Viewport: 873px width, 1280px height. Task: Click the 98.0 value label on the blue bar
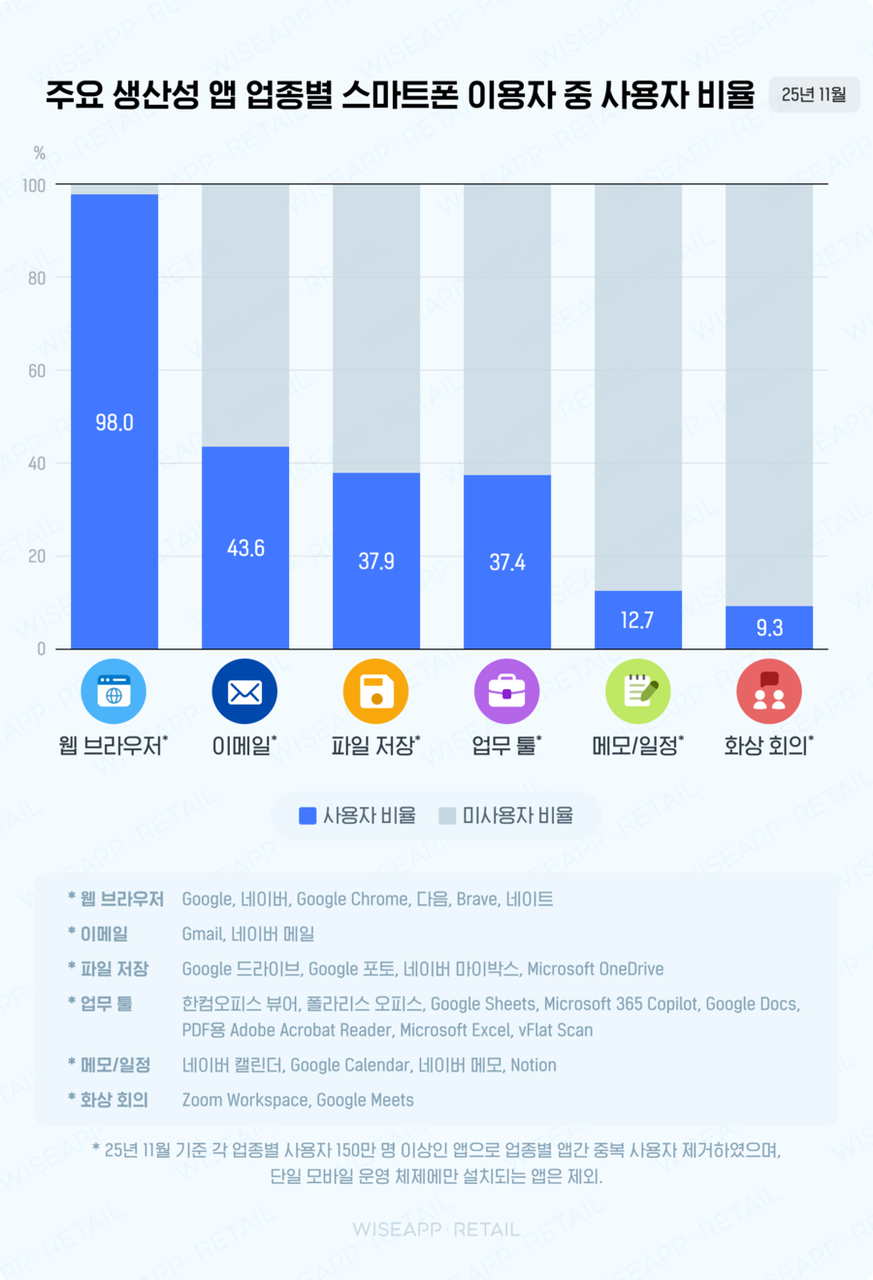coord(114,422)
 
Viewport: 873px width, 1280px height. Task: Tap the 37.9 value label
coord(376,561)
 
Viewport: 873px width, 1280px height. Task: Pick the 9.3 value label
coord(769,628)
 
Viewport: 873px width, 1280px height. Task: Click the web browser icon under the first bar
coord(113,692)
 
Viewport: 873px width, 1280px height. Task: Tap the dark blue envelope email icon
coord(244,692)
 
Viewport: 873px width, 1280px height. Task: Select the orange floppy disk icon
coord(375,692)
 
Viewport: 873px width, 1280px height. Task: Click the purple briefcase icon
coord(506,692)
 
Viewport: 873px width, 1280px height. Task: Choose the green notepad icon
coord(637,692)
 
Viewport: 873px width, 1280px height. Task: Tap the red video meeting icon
coord(768,692)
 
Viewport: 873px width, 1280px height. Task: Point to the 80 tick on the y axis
coord(37,279)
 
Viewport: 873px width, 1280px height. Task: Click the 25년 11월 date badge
coord(814,95)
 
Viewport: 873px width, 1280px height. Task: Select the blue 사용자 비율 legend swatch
coord(307,816)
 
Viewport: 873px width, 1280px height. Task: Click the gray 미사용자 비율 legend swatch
coord(447,816)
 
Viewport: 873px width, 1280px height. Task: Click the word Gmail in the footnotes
coord(202,934)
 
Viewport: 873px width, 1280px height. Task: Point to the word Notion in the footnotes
coord(533,1065)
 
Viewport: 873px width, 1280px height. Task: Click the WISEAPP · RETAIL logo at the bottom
coord(436,1230)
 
